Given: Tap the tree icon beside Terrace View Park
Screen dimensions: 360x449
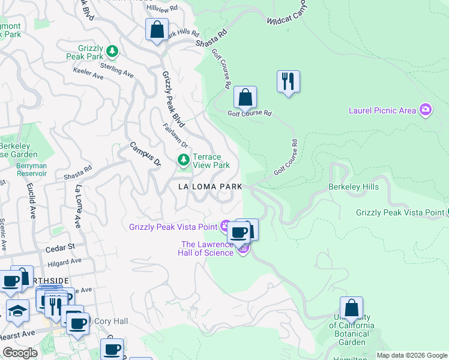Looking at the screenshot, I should [183, 160].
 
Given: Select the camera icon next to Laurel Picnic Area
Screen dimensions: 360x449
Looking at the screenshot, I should [426, 110].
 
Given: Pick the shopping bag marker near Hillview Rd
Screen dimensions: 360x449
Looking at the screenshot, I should [157, 29].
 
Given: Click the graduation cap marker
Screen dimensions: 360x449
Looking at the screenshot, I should [17, 311].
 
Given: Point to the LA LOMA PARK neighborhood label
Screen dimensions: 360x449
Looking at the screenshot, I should [210, 187].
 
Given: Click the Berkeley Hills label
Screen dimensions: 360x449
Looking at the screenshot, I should [354, 187].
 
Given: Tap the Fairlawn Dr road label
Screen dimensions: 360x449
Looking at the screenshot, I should [176, 136].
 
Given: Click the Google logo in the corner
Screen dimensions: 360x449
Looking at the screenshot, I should [20, 352].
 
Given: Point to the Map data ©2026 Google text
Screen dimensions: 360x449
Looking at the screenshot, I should [411, 355].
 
